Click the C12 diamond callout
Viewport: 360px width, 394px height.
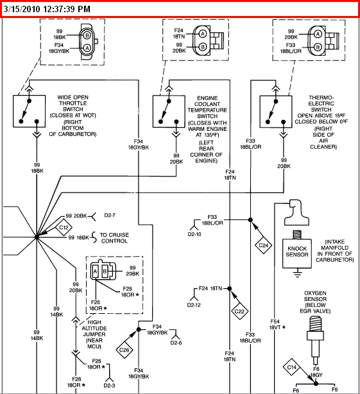coord(64,228)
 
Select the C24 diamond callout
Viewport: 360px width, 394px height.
coord(264,245)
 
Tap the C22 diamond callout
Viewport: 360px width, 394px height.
coord(239,312)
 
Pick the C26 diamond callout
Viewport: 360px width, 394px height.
coord(124,350)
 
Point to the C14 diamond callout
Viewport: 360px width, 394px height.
coord(292,367)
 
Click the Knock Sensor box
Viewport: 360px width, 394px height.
coord(297,253)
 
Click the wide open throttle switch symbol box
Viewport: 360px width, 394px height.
coord(30,111)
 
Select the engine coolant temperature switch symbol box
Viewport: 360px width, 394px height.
coord(169,111)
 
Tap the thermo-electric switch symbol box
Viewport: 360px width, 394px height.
coord(276,112)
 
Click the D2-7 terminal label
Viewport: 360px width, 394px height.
coord(110,216)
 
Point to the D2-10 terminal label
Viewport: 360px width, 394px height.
coord(194,234)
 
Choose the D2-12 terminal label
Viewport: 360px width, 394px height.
coord(194,305)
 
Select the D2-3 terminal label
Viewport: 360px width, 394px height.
coord(109,386)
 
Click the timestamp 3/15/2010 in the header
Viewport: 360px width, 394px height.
coord(22,9)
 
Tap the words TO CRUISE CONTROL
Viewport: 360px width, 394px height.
coord(114,237)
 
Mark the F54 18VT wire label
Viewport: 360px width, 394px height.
coord(277,325)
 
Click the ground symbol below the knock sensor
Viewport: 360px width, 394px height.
coord(298,273)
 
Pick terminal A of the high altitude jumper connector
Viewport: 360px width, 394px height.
coord(95,271)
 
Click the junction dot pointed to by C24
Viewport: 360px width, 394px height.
coord(250,220)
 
